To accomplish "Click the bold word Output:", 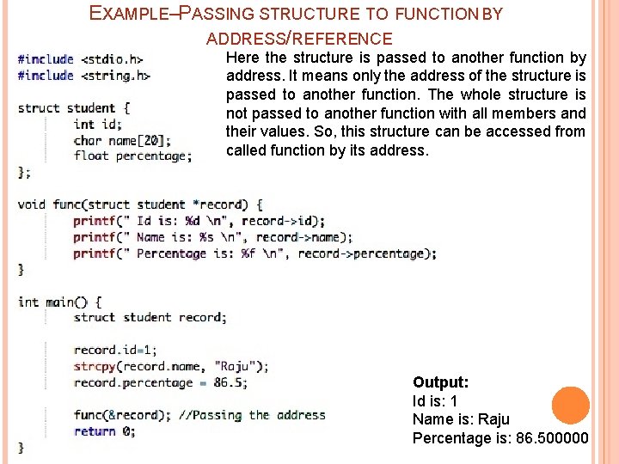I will pos(440,382).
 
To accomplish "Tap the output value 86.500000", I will pos(552,438).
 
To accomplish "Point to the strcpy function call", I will pos(95,366).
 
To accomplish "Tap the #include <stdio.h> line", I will pos(80,59).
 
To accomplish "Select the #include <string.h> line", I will pos(83,76).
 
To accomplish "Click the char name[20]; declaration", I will pos(121,140).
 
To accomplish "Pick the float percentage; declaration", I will pos(132,156).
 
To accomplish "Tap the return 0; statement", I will pos(104,431).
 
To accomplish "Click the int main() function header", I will pos(59,302).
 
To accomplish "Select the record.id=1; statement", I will pos(115,350).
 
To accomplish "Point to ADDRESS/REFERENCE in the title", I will pos(299,39).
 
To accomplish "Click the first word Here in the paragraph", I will pos(243,58).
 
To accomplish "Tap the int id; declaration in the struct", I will pos(97,124).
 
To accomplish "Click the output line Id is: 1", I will pos(435,401).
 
